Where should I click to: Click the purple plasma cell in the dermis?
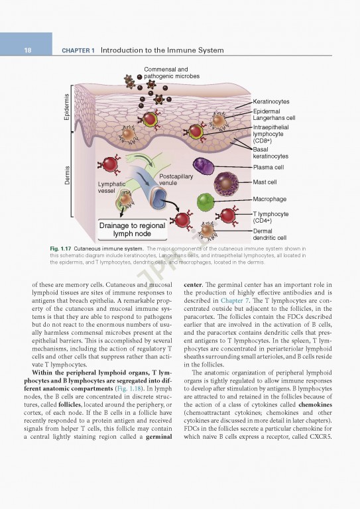tap(204, 166)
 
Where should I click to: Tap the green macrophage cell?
tap(206, 200)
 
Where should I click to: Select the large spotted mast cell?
tap(226, 182)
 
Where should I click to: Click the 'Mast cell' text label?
tap(265, 182)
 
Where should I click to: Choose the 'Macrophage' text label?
tap(270, 199)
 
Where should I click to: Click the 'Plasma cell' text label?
tap(269, 168)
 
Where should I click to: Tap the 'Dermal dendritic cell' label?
tap(270, 234)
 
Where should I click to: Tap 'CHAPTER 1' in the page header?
tap(78, 50)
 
